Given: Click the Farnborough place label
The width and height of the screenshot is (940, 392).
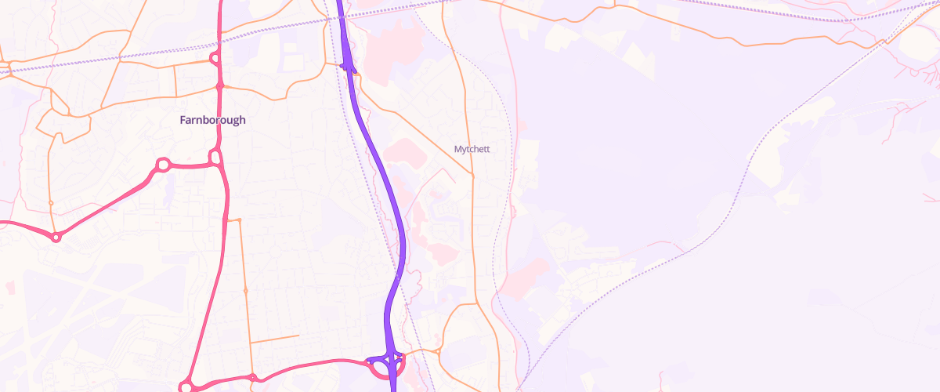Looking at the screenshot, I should pyautogui.click(x=212, y=120).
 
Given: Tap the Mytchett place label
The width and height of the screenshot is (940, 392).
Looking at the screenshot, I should pyautogui.click(x=472, y=148).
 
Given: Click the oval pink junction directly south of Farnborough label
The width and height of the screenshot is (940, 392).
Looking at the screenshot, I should pyautogui.click(x=215, y=159).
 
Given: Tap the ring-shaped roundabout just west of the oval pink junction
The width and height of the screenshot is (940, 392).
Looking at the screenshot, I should pyautogui.click(x=163, y=165).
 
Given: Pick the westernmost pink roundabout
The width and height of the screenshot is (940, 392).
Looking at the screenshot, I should pyautogui.click(x=56, y=237).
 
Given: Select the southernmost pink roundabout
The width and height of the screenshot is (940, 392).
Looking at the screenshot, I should pyautogui.click(x=186, y=387).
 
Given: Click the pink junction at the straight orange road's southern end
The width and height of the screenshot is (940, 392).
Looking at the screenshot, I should pyautogui.click(x=252, y=377).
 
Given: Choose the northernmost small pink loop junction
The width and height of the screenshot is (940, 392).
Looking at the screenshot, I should pyautogui.click(x=214, y=59).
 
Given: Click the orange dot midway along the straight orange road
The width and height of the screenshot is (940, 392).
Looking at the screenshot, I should pyautogui.click(x=245, y=291).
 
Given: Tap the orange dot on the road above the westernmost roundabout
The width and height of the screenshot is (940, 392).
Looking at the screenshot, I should pyautogui.click(x=51, y=203).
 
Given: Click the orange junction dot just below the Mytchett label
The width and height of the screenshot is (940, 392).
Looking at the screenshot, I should pyautogui.click(x=472, y=176).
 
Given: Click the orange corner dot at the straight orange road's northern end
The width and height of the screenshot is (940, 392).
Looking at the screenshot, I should pyautogui.click(x=239, y=220).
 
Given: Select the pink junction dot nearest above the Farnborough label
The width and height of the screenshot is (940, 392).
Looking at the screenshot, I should pyautogui.click(x=220, y=85).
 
